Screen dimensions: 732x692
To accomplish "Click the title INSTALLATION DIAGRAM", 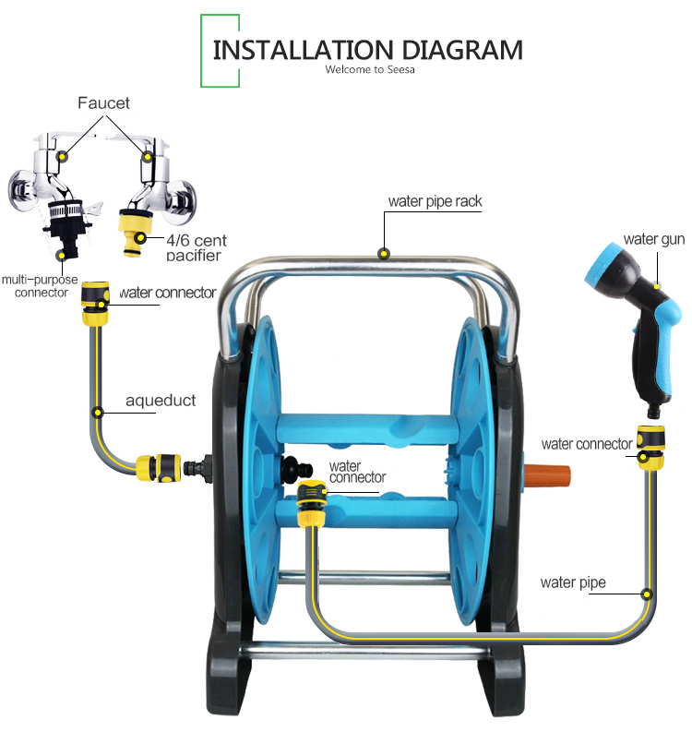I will click(x=367, y=49).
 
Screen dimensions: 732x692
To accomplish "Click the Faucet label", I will click(x=103, y=102).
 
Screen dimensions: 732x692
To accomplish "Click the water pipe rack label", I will click(x=435, y=201).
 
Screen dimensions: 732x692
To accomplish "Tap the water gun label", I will click(x=653, y=239).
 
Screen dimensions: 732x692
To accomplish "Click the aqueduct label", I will click(x=161, y=402).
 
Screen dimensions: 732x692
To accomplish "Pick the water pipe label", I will click(x=573, y=582).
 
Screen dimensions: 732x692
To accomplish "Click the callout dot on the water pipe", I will click(x=648, y=595).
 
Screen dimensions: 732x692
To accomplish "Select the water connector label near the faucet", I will click(x=167, y=293).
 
